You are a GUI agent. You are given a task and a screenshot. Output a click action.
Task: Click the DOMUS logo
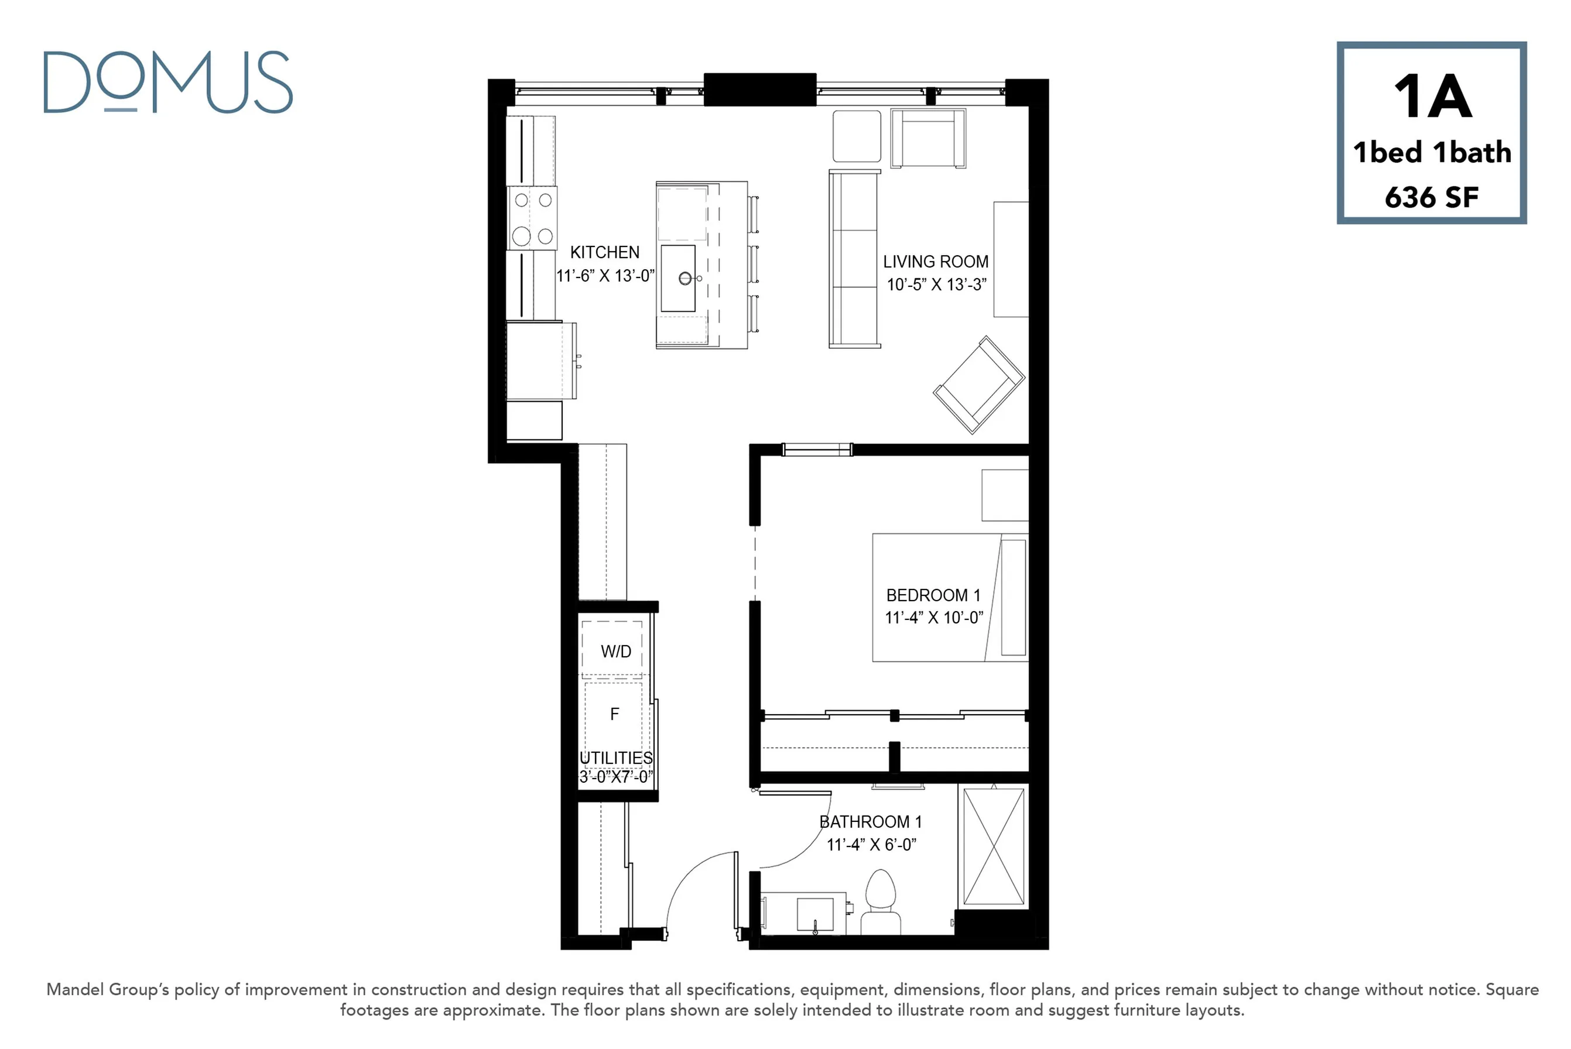tap(168, 83)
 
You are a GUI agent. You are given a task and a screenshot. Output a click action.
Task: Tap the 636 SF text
tap(1431, 197)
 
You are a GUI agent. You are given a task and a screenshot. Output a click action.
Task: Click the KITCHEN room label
tap(605, 252)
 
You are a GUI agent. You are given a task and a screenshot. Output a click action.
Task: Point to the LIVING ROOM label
tap(935, 262)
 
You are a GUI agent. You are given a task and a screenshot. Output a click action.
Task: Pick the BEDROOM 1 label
tap(933, 595)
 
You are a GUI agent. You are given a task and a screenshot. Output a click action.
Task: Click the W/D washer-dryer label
tap(615, 652)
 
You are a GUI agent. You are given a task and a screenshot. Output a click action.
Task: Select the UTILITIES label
tap(615, 758)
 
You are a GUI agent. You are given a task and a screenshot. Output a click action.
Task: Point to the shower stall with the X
tap(994, 846)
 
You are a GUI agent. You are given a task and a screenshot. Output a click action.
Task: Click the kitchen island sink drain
tap(685, 278)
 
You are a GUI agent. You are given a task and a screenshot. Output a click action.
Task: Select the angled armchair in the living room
tap(979, 385)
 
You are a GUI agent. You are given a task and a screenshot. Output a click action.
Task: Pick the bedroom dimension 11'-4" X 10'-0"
tap(934, 618)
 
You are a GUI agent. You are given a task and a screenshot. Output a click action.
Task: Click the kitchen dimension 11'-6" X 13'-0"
tap(605, 276)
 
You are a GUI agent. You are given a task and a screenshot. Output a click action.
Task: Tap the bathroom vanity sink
tap(815, 914)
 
